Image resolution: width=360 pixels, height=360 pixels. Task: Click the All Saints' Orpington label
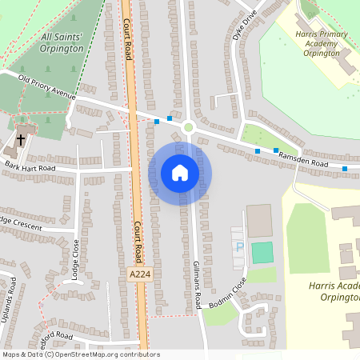(x=62, y=42)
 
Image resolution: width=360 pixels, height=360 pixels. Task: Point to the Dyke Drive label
(x=243, y=26)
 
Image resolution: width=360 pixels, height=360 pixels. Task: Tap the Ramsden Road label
(x=303, y=162)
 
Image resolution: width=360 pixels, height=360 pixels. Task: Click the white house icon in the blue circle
(x=180, y=173)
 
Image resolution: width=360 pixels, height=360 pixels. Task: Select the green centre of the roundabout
(x=189, y=126)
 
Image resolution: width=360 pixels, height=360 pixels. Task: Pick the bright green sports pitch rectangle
(x=262, y=253)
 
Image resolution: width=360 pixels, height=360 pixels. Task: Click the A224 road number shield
(x=138, y=274)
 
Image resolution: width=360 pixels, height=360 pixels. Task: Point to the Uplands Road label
(x=12, y=296)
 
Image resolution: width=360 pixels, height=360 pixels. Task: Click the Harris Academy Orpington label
(x=329, y=290)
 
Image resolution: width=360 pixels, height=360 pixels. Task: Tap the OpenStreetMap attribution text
(x=81, y=354)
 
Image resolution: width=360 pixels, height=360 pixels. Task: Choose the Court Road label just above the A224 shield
(x=138, y=240)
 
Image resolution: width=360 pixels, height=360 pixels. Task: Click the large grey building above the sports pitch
(x=259, y=220)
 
